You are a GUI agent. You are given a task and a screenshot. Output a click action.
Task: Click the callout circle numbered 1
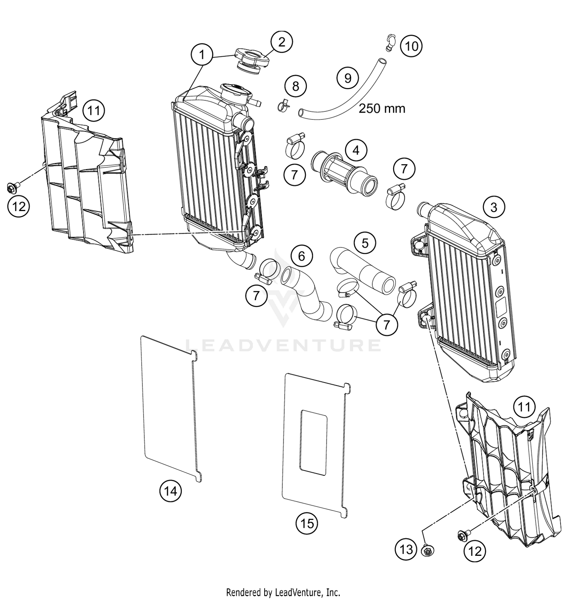click(202, 55)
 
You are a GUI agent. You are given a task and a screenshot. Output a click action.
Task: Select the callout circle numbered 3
click(494, 207)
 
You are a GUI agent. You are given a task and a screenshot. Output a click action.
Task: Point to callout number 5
click(365, 243)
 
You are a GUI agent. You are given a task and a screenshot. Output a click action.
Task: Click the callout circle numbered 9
click(348, 78)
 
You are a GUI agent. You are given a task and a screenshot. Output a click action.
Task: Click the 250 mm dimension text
click(382, 108)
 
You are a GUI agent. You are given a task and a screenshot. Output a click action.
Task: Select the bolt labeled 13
click(428, 551)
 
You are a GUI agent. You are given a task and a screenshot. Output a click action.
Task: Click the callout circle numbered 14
click(170, 491)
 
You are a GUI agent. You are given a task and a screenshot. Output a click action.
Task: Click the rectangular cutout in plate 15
click(313, 443)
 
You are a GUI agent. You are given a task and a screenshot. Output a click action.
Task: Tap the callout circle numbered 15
click(307, 523)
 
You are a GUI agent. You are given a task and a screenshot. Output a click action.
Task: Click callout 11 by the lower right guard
click(524, 407)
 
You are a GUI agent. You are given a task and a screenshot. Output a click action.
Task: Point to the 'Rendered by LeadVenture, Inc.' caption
click(283, 592)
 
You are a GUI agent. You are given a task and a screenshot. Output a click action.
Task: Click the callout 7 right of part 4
click(404, 169)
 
